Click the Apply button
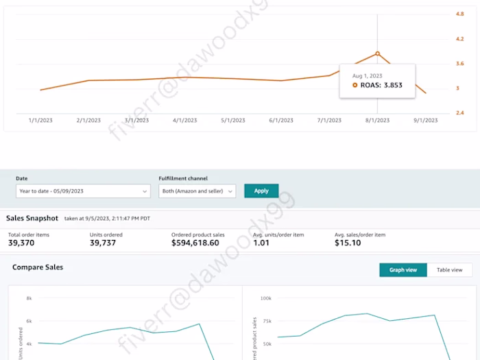[x=261, y=191]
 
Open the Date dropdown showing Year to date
[x=82, y=191]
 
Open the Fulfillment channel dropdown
[x=197, y=191]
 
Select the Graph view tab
[x=403, y=270]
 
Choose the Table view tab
[x=450, y=270]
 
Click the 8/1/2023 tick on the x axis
[x=378, y=120]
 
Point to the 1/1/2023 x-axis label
[x=40, y=120]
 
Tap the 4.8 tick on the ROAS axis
[x=460, y=14]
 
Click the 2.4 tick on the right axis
[x=460, y=112]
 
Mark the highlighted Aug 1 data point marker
[x=378, y=53]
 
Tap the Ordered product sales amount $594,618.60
[x=195, y=243]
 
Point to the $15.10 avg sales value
[x=348, y=243]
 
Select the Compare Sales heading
[x=38, y=267]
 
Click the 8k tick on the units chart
[x=29, y=298]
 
